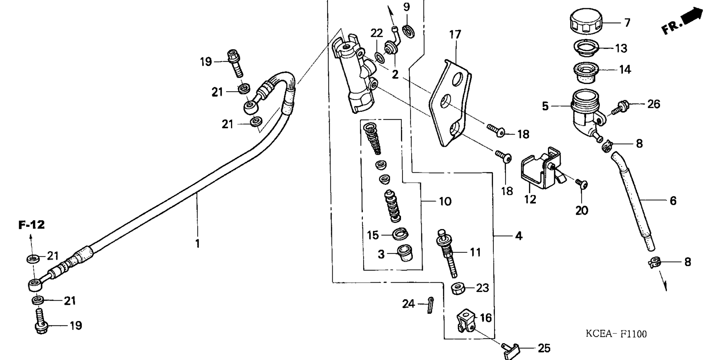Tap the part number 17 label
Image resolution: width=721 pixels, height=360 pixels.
pos(455,35)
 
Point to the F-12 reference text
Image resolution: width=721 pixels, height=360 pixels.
pos(32,225)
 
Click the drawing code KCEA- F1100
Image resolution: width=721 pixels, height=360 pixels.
pos(616,334)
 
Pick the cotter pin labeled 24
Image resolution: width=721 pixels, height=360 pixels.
pos(431,304)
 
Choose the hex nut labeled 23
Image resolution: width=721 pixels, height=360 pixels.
pos(458,289)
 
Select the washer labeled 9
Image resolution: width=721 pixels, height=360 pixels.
pos(408,31)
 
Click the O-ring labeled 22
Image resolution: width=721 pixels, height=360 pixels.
pos(379,57)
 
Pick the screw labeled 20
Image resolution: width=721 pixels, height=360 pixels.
pos(582,184)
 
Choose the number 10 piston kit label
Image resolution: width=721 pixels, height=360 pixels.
pos(445,202)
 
